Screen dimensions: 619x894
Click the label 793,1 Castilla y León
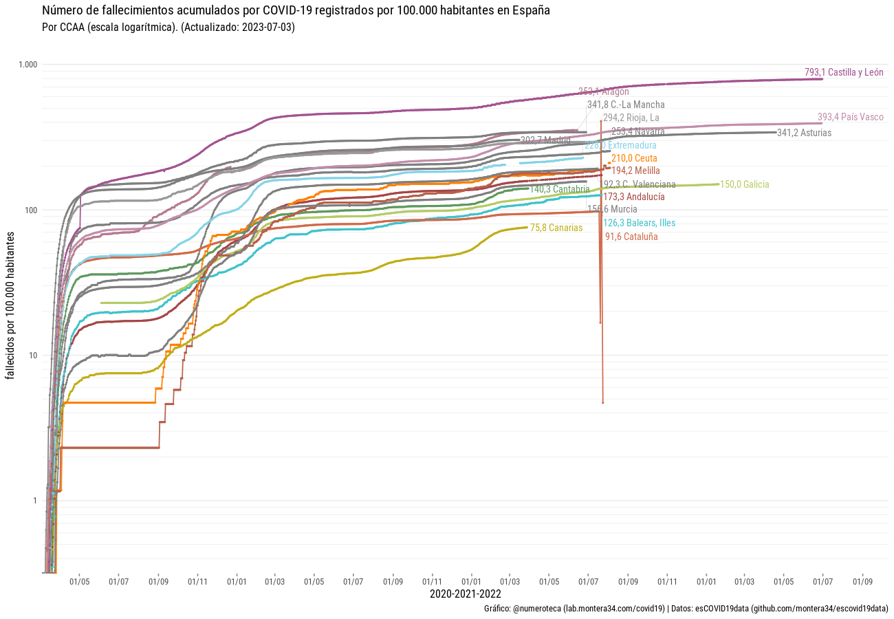click(844, 72)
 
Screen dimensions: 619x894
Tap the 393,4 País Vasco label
click(850, 117)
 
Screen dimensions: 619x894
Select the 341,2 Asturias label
click(804, 133)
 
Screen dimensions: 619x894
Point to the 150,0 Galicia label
click(745, 184)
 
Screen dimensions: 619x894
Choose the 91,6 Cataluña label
click(631, 236)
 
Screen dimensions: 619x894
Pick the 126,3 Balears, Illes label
click(639, 223)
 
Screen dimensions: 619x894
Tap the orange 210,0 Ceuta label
click(634, 158)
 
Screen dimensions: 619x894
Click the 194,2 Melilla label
click(635, 171)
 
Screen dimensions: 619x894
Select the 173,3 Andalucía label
click(633, 197)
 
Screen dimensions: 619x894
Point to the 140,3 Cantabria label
click(560, 189)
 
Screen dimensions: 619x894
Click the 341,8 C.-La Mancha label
click(626, 105)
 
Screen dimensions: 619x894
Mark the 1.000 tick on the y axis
click(28, 65)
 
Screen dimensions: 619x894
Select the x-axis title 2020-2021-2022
click(465, 594)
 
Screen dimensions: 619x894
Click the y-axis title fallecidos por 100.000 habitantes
click(10, 305)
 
